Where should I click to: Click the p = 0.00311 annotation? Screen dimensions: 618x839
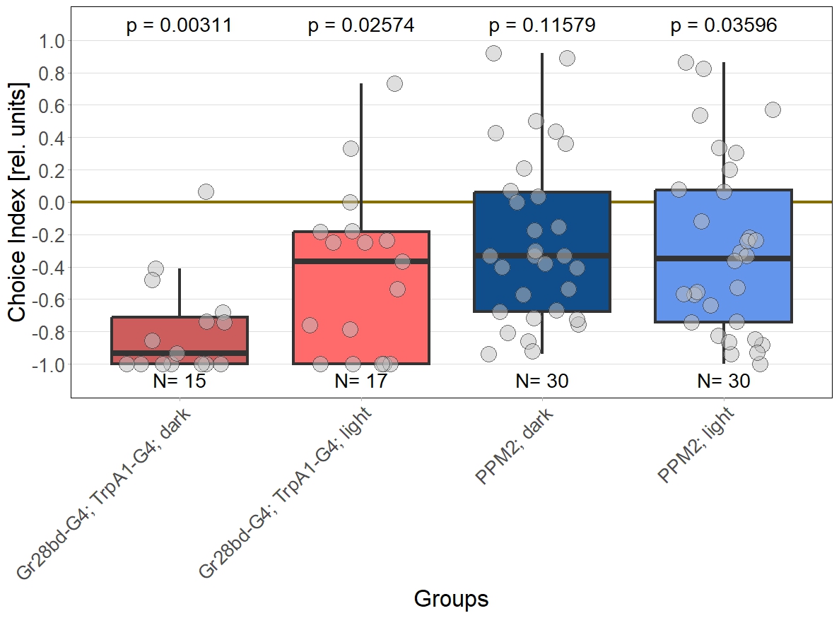(x=179, y=26)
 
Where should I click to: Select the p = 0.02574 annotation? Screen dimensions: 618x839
(x=360, y=26)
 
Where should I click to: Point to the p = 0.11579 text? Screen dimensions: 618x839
(x=542, y=26)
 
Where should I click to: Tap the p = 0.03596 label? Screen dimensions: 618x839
(x=723, y=26)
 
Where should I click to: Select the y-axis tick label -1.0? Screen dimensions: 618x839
(x=47, y=364)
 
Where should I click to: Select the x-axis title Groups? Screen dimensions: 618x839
(x=451, y=599)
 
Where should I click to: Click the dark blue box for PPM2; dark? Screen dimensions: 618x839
(x=542, y=283)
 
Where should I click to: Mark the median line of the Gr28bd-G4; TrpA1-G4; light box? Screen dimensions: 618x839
(x=360, y=261)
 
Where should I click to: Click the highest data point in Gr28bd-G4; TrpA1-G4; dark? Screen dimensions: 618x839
(x=206, y=191)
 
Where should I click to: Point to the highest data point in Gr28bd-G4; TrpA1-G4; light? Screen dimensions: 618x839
(x=394, y=83)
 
